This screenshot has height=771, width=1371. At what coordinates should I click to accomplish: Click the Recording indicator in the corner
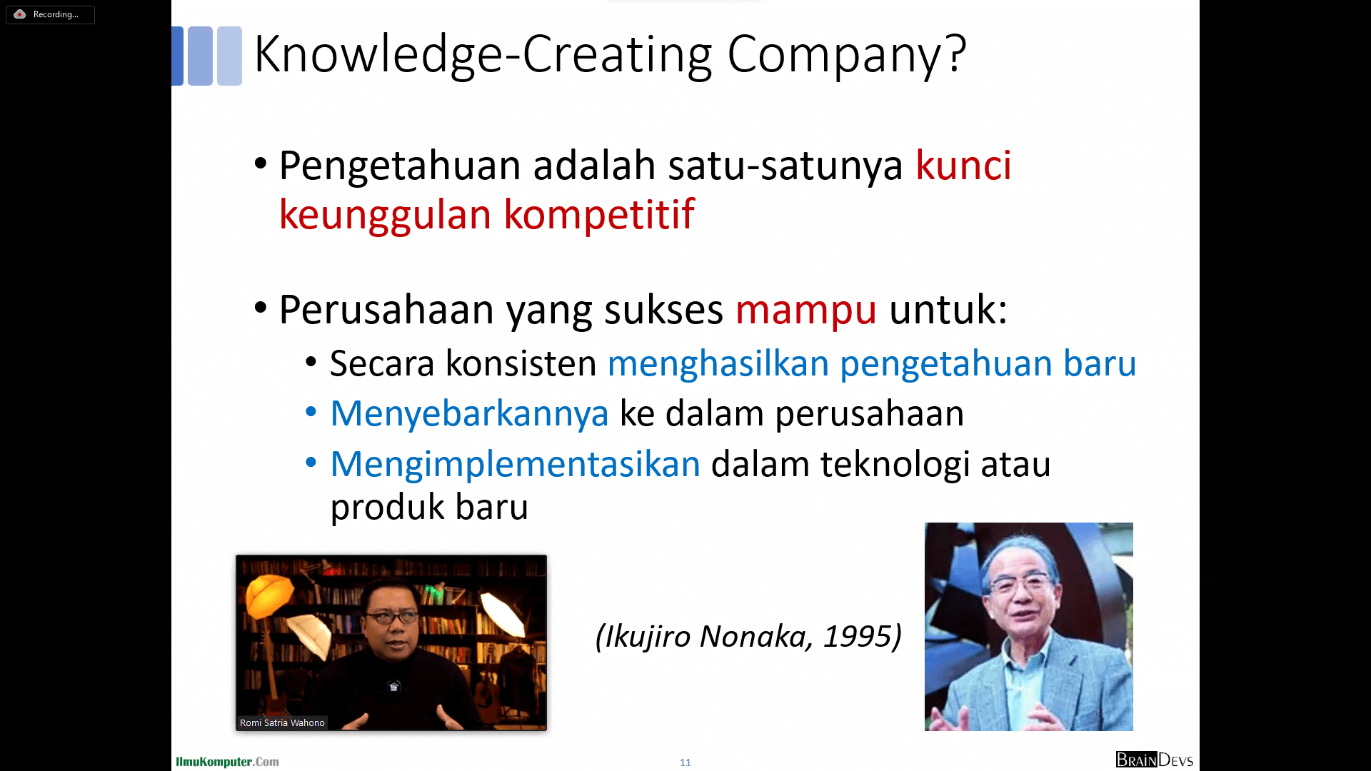pyautogui.click(x=50, y=14)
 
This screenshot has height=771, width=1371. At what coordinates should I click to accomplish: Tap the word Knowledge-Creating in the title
pyautogui.click(x=483, y=55)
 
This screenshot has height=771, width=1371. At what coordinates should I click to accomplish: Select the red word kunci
pyautogui.click(x=963, y=166)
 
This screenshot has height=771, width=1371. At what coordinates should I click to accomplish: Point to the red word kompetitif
pyautogui.click(x=599, y=214)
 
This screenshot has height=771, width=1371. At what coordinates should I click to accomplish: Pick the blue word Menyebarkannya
pyautogui.click(x=469, y=414)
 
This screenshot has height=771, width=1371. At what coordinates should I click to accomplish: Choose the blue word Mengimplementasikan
pyautogui.click(x=515, y=465)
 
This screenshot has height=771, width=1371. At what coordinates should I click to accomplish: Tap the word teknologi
pyautogui.click(x=895, y=465)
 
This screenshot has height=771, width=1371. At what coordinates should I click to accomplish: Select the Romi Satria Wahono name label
pyautogui.click(x=282, y=722)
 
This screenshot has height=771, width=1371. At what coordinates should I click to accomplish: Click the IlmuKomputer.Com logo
pyautogui.click(x=227, y=762)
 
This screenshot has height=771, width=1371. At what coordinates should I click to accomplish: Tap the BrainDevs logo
pyautogui.click(x=1155, y=760)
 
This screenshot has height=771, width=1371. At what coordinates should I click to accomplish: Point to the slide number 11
pyautogui.click(x=685, y=762)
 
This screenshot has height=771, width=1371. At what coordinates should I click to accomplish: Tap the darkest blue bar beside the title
pyautogui.click(x=178, y=56)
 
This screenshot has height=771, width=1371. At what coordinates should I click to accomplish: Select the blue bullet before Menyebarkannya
pyautogui.click(x=311, y=413)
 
